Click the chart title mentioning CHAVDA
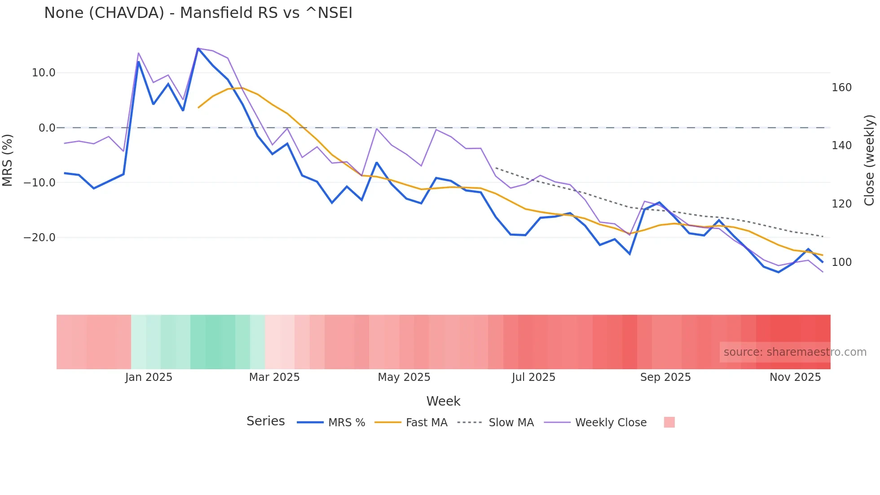pos(198,13)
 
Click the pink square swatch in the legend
pos(669,422)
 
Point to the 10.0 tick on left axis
pos(44,73)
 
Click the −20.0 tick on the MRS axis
pos(40,238)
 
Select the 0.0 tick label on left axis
pos(47,128)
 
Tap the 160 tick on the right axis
pos(841,88)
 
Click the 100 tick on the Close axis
pos(841,262)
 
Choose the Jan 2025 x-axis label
pos(149,377)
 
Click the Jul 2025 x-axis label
pos(533,377)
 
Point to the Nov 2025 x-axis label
pos(795,377)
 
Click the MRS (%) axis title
pos(8,160)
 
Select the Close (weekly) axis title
pos(869,160)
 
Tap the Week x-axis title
pos(443,401)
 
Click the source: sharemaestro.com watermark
pos(795,352)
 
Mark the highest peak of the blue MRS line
pos(198,49)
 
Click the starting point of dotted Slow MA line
pos(496,168)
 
